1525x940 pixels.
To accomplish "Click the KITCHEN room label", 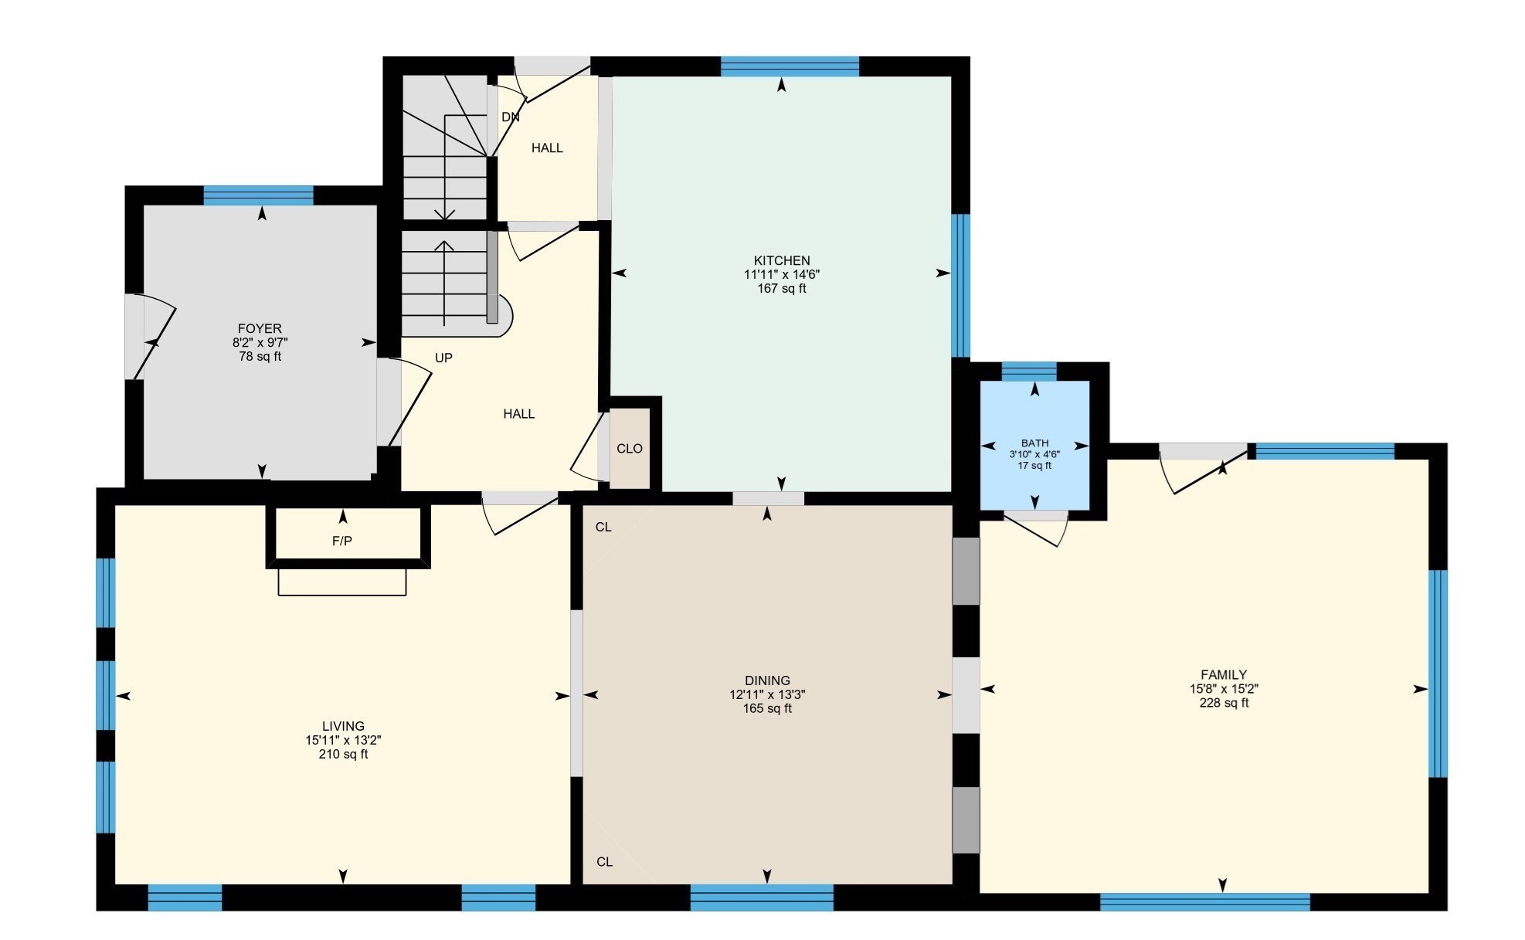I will tap(782, 260).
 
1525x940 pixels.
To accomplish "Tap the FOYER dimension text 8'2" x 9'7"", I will tap(260, 342).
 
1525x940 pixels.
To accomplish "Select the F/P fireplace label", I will tap(342, 541).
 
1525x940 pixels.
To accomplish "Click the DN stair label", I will tap(510, 117).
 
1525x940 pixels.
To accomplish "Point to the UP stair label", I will tap(443, 358).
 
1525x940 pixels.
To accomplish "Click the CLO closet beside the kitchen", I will tap(629, 449).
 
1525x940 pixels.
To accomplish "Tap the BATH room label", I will tap(1034, 443).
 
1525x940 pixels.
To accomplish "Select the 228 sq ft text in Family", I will tap(1224, 703).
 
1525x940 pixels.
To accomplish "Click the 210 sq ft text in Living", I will tap(343, 754).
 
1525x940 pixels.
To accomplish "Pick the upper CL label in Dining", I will tap(603, 528).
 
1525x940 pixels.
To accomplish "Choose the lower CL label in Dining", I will tap(604, 862).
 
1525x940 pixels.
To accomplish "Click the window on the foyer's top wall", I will tap(259, 195).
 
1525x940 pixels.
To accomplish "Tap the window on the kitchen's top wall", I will tap(790, 66).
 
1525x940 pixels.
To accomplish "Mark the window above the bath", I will tap(1028, 372).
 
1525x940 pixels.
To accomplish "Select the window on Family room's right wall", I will tap(1437, 673).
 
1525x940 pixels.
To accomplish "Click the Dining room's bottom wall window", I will tap(762, 898).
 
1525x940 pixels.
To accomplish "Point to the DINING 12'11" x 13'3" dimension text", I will tap(767, 694).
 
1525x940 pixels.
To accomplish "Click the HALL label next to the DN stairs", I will tap(547, 148).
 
